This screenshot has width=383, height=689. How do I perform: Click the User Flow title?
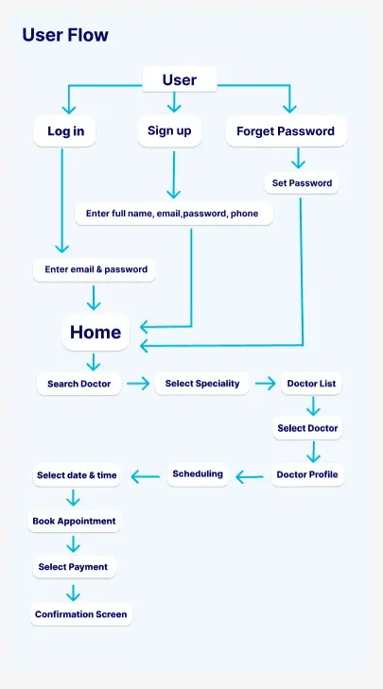tap(65, 35)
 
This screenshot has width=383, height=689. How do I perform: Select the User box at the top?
tap(180, 79)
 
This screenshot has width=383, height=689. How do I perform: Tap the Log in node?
tap(64, 131)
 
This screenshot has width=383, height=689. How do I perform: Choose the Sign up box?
tap(169, 131)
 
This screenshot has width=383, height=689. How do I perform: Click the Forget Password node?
tap(286, 131)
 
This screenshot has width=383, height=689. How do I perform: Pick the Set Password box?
tap(302, 182)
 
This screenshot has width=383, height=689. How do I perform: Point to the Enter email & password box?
tap(95, 269)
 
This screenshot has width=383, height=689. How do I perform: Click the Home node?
tap(96, 332)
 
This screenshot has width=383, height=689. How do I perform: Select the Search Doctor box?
tap(78, 384)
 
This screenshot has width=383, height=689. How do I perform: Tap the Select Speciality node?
tap(202, 383)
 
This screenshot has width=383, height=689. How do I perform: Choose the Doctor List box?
tap(311, 383)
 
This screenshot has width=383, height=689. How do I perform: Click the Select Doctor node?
tap(307, 428)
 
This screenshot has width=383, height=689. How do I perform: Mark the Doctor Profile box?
tap(307, 474)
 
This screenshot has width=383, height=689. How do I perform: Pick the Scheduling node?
tap(198, 474)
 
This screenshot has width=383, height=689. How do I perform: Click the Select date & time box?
tap(77, 475)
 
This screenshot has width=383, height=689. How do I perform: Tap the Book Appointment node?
tap(75, 521)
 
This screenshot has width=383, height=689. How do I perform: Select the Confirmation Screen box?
tap(81, 614)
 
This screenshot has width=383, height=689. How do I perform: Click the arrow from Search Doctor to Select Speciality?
tap(138, 384)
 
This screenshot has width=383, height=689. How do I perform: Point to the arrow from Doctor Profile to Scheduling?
tap(250, 476)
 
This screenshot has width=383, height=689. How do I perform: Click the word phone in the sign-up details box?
tap(245, 214)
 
